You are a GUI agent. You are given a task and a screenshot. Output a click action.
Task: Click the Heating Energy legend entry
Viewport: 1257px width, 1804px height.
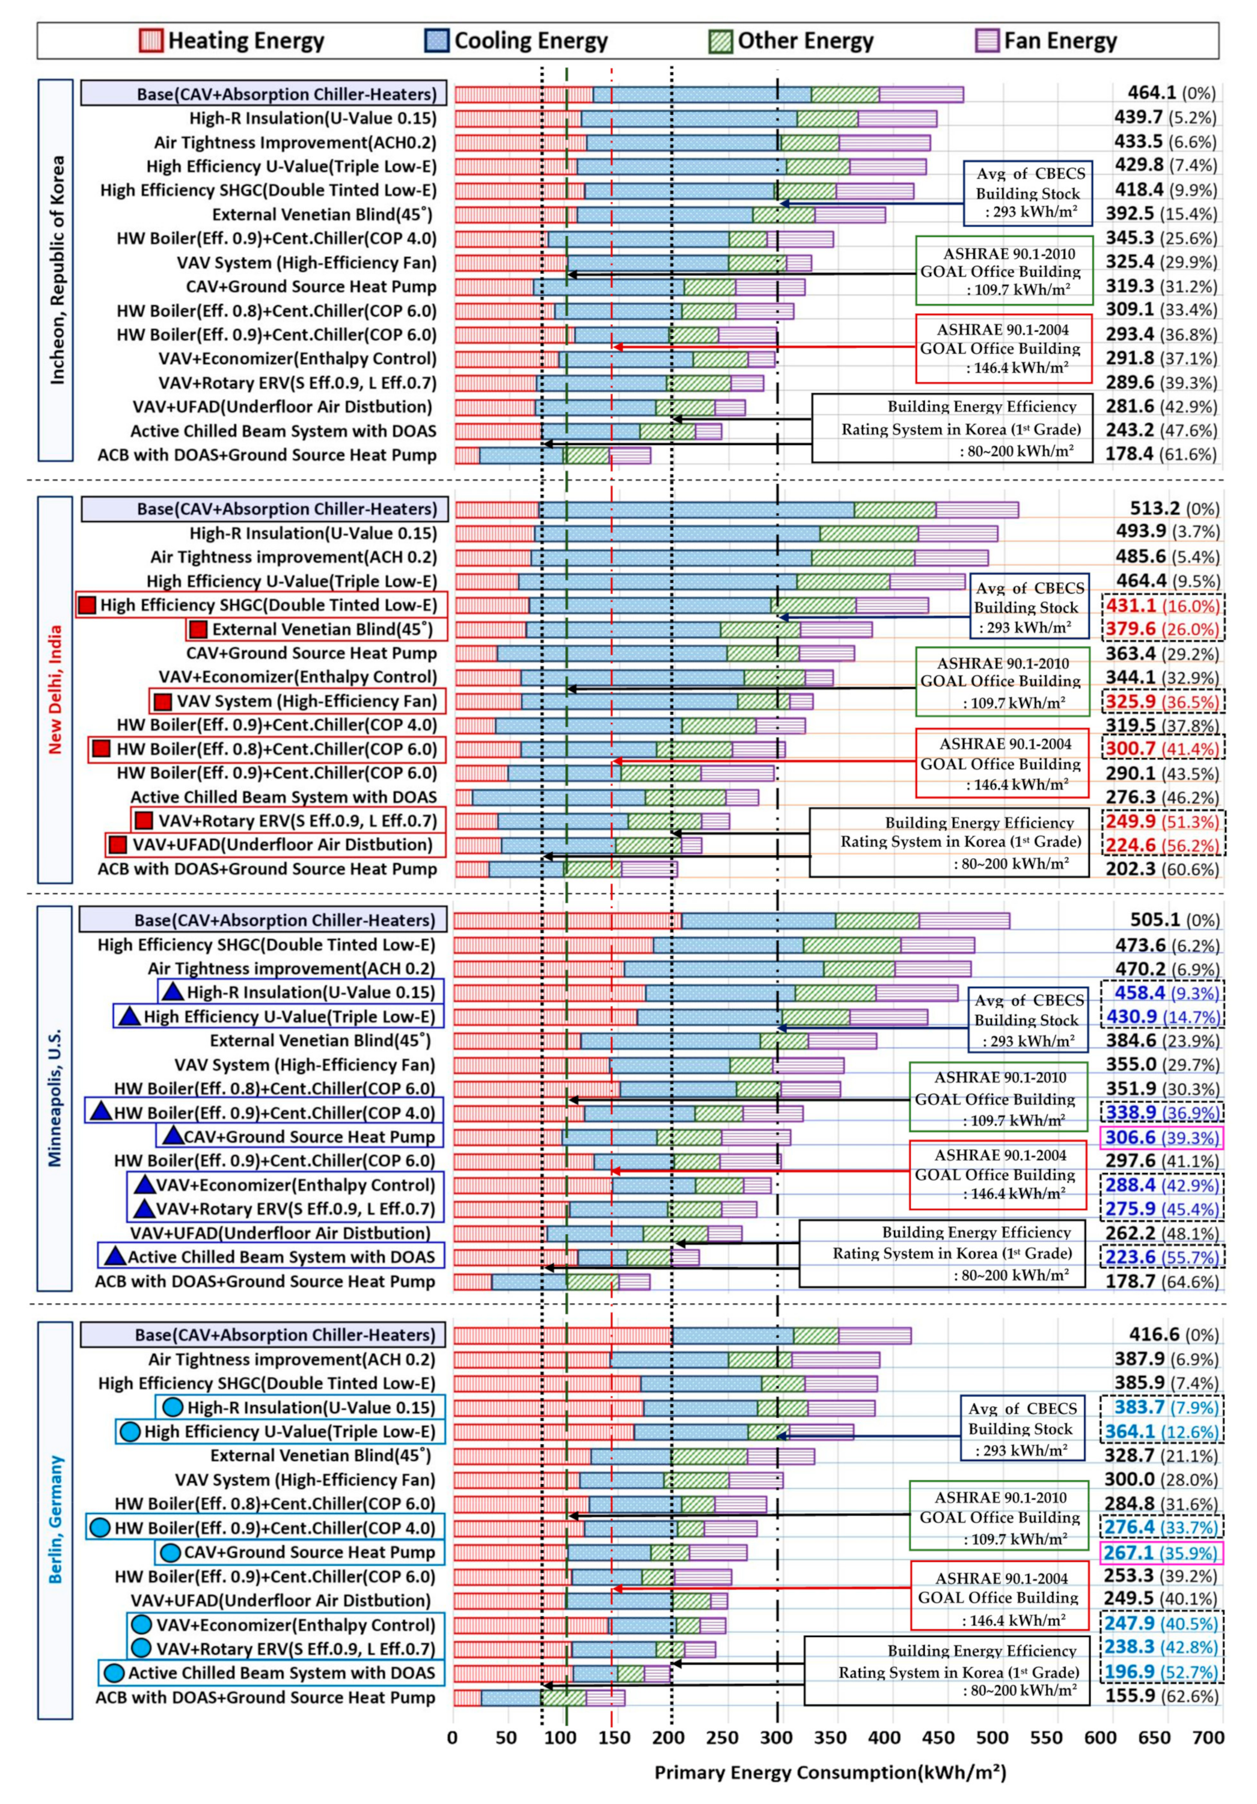click(233, 41)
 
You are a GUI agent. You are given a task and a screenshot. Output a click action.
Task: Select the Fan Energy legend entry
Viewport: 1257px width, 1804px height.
click(1045, 41)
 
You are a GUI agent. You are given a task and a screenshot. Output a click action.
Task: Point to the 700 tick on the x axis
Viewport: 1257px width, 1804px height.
click(1208, 1737)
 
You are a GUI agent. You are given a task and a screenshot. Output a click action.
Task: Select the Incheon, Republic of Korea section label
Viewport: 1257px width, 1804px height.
click(57, 270)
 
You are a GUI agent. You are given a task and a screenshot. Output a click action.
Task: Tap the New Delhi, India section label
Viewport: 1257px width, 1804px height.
click(56, 689)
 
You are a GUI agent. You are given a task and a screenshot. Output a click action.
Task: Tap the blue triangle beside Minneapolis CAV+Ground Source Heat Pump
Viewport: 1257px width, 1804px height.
click(172, 1136)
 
